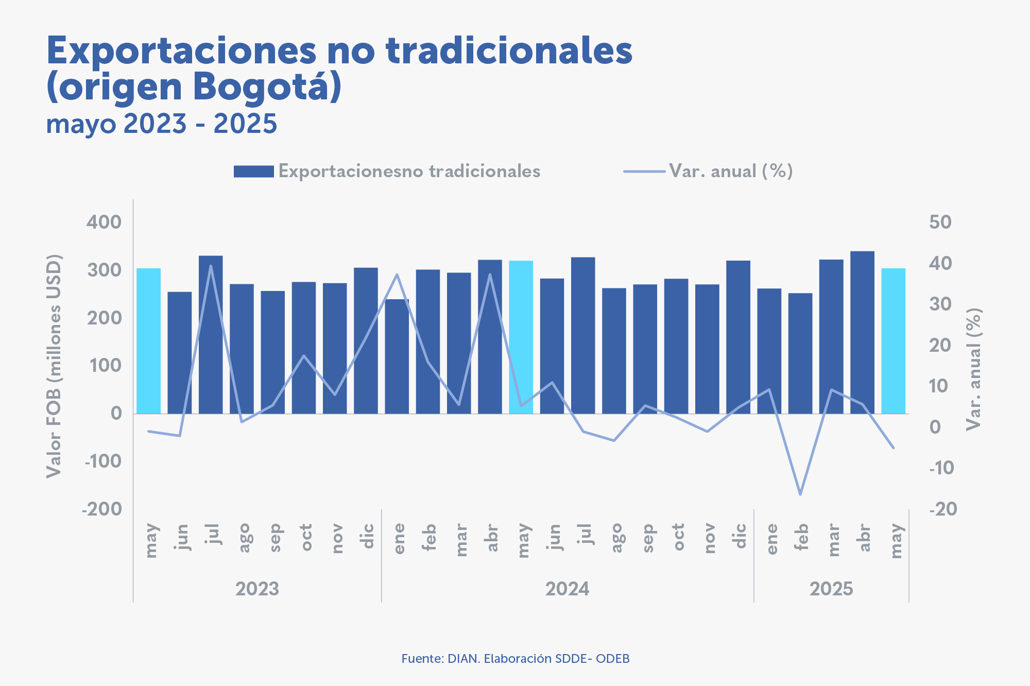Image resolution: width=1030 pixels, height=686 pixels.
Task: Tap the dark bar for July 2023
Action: click(x=211, y=335)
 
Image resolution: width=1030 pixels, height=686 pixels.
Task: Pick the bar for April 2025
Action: click(x=862, y=332)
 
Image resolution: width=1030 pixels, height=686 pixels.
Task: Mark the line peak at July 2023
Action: click(x=211, y=266)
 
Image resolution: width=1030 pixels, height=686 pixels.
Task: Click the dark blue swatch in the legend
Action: click(x=253, y=171)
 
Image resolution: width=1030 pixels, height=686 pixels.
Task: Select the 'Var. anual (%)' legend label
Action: click(x=730, y=171)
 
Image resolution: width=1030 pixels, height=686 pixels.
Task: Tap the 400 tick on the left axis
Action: click(x=104, y=222)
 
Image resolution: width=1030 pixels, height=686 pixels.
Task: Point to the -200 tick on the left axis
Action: click(x=102, y=509)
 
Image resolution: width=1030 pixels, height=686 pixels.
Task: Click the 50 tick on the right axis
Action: click(x=940, y=222)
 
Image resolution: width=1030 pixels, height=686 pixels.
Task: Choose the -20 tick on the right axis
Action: click(x=942, y=509)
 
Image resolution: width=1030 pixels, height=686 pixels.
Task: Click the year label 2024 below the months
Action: click(x=567, y=589)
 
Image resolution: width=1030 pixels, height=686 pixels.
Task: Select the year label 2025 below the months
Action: click(x=831, y=589)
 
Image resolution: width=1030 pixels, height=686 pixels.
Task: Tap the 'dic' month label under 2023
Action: click(x=367, y=537)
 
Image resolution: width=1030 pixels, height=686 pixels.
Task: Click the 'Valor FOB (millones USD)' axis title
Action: click(x=54, y=366)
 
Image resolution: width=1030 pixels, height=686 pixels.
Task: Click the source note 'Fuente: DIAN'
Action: click(x=515, y=659)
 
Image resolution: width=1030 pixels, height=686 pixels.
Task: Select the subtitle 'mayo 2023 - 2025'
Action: click(x=162, y=124)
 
